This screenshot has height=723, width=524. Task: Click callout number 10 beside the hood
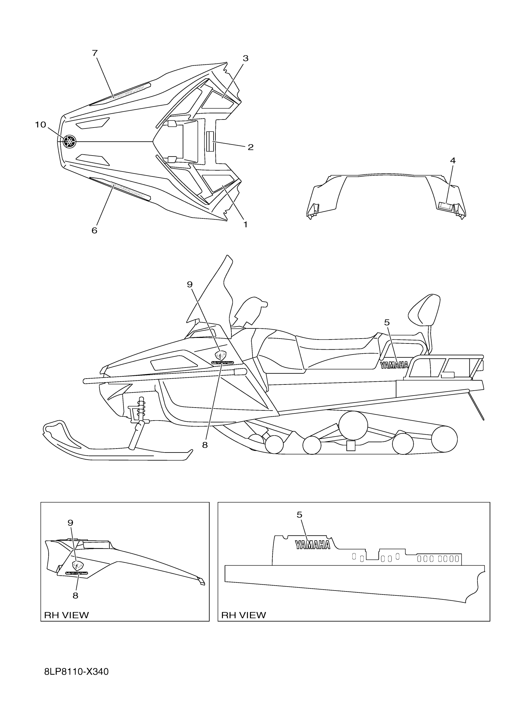(x=40, y=125)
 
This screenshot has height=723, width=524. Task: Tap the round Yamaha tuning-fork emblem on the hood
(x=70, y=141)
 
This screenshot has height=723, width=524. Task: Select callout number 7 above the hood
(x=95, y=53)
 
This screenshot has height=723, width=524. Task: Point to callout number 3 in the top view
(x=245, y=58)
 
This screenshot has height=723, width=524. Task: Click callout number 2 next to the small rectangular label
(x=251, y=147)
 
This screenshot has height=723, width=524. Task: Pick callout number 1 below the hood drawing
(x=245, y=225)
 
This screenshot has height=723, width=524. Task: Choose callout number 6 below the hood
(x=94, y=230)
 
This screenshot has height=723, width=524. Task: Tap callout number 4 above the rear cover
(x=452, y=161)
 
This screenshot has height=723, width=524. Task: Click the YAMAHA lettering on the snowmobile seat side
(x=394, y=365)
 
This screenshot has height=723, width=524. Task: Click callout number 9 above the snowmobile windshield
(x=190, y=284)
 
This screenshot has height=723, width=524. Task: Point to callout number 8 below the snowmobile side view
(x=205, y=445)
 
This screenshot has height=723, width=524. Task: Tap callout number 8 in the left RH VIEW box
(x=75, y=595)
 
